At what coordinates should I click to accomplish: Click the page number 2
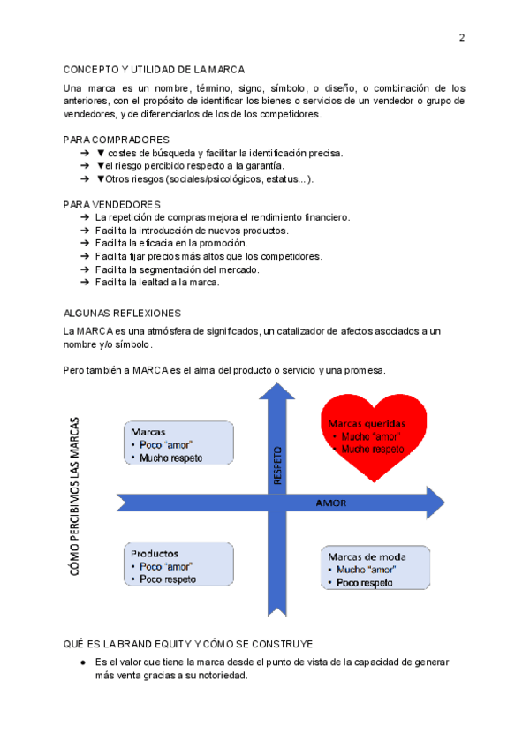coord(461,37)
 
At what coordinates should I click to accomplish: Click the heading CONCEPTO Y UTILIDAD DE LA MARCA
coord(155,69)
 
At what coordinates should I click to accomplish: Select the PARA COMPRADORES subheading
coord(117,140)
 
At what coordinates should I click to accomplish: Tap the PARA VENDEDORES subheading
coord(112,204)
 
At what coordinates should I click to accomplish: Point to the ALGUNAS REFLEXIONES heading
coord(123,313)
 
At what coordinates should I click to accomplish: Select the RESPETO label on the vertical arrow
coord(277,464)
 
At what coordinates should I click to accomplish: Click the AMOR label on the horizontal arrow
coord(331,503)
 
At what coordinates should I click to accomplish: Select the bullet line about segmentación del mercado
coord(177,269)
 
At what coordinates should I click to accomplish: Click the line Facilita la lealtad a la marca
coord(157,283)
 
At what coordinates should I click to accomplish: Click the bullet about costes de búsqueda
coord(218,153)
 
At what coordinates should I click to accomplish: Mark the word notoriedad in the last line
coord(222,676)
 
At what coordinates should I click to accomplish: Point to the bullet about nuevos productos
coord(192,231)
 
